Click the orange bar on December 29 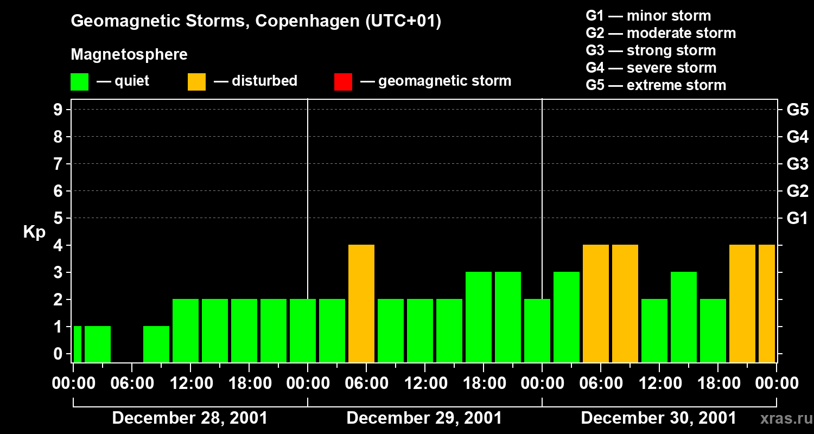[x=361, y=303]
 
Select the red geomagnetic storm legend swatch [x=343, y=81]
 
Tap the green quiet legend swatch [x=79, y=81]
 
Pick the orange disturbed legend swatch [x=196, y=81]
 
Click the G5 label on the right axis [x=797, y=110]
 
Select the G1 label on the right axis [x=797, y=218]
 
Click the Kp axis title [x=34, y=232]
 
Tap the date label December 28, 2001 [x=189, y=418]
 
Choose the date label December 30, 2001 [x=658, y=418]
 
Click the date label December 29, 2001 [x=424, y=418]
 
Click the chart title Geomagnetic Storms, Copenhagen [x=256, y=21]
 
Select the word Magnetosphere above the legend [x=129, y=55]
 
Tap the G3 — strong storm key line [x=651, y=50]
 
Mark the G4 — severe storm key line [x=651, y=68]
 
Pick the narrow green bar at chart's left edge [x=77, y=344]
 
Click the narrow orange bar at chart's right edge [x=767, y=303]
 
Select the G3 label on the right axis [x=797, y=164]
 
